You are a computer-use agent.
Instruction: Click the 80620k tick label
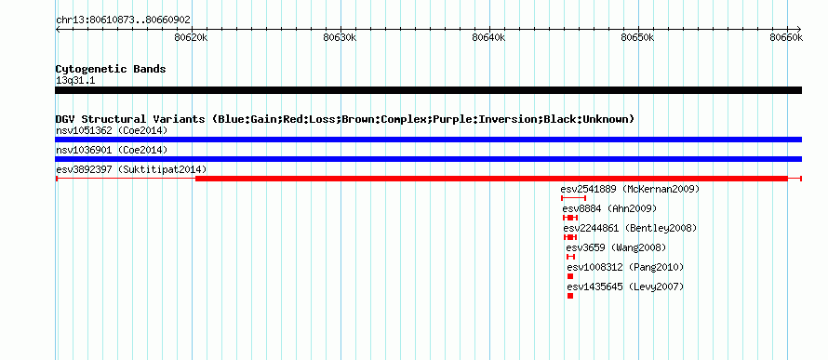pyautogui.click(x=190, y=37)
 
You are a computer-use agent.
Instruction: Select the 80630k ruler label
pyautogui.click(x=339, y=37)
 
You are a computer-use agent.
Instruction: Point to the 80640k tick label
pyautogui.click(x=487, y=37)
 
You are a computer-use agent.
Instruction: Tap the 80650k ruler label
pyautogui.click(x=637, y=37)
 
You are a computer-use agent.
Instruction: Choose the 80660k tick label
pyautogui.click(x=786, y=37)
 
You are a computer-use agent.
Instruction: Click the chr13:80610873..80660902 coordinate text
pyautogui.click(x=123, y=20)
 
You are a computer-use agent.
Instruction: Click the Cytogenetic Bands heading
pyautogui.click(x=111, y=69)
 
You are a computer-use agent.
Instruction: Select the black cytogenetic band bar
pyautogui.click(x=428, y=90)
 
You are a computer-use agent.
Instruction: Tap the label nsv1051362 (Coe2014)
pyautogui.click(x=112, y=130)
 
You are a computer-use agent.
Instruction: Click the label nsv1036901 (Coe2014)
pyautogui.click(x=112, y=150)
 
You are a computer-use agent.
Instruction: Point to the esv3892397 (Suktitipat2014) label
pyautogui.click(x=131, y=169)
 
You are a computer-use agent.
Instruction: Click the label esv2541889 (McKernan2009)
pyautogui.click(x=630, y=189)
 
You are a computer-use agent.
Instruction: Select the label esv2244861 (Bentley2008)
pyautogui.click(x=631, y=228)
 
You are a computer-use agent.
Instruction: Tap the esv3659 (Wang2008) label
pyautogui.click(x=616, y=247)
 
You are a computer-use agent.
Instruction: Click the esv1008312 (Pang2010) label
pyautogui.click(x=625, y=267)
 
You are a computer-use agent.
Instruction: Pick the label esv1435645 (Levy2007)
pyautogui.click(x=625, y=287)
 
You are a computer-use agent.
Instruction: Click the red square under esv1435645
pyautogui.click(x=570, y=296)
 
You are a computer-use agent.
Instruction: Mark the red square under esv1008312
pyautogui.click(x=570, y=276)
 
